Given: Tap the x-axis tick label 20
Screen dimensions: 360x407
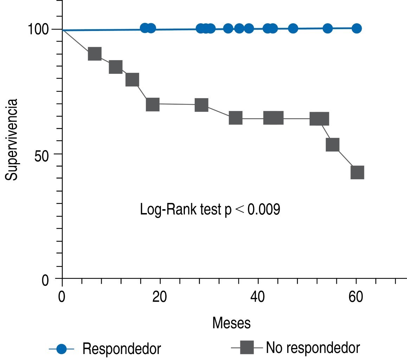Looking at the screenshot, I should pyautogui.click(x=160, y=297).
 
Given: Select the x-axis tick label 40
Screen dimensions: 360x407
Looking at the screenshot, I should pyautogui.click(x=258, y=297).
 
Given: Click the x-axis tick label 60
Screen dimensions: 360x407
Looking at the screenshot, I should pyautogui.click(x=356, y=297).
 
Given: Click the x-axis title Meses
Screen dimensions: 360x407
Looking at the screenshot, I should pyautogui.click(x=231, y=323).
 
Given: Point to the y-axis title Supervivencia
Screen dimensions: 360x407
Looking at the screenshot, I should pyautogui.click(x=12, y=140).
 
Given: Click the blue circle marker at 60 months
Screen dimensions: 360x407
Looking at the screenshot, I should pyautogui.click(x=356, y=28).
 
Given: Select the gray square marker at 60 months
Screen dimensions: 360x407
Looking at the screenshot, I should pyautogui.click(x=357, y=173).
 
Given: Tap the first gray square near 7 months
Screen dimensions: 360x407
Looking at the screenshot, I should pyautogui.click(x=95, y=54).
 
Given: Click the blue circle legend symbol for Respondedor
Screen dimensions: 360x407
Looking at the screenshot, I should pyautogui.click(x=62, y=349).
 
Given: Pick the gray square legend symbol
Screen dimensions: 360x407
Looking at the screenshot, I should pyautogui.click(x=246, y=348).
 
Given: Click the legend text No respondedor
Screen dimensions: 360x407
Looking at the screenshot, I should pyautogui.click(x=313, y=348).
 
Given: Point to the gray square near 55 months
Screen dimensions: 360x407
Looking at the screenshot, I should pyautogui.click(x=332, y=144).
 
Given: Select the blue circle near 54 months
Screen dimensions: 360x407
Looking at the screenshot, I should pyautogui.click(x=328, y=28).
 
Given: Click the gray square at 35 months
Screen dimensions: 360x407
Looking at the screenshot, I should pyautogui.click(x=235, y=118).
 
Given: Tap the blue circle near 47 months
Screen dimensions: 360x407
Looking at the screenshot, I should pyautogui.click(x=293, y=28).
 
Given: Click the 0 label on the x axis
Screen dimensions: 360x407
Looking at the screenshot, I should pyautogui.click(x=62, y=297).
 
